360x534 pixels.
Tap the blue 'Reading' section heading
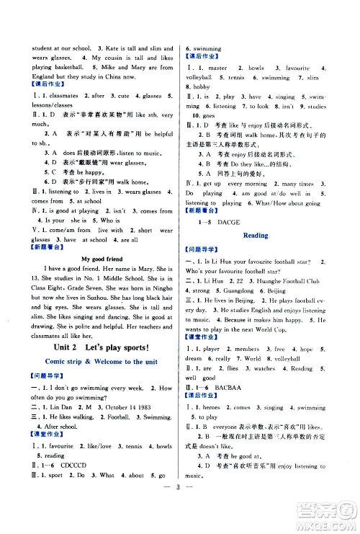(256, 235)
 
